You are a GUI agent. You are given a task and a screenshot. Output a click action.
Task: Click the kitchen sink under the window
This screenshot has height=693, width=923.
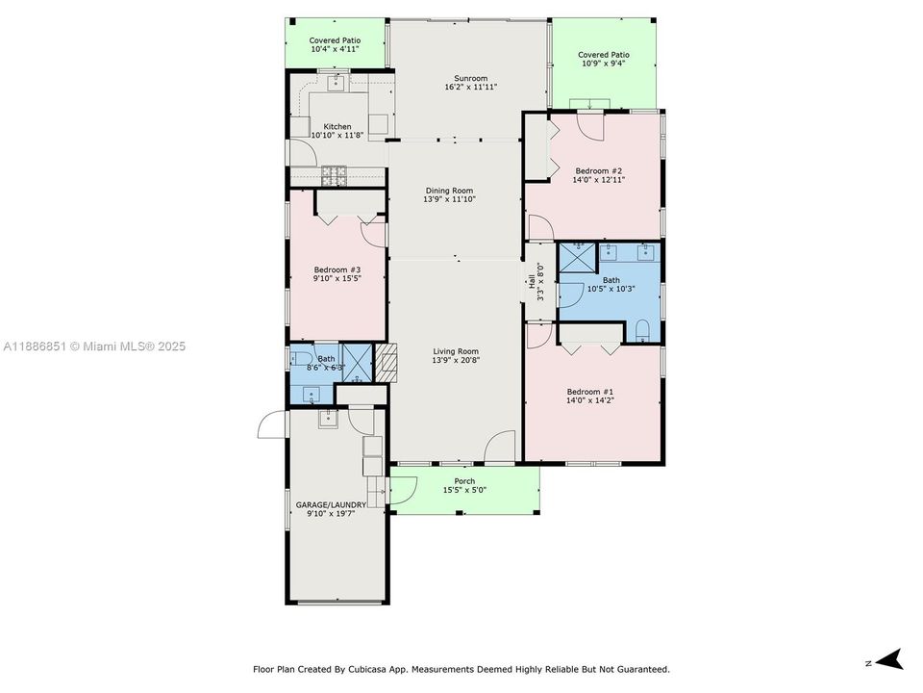(x=337, y=83)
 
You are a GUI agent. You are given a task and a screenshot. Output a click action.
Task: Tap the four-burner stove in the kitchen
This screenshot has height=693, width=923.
(x=334, y=175)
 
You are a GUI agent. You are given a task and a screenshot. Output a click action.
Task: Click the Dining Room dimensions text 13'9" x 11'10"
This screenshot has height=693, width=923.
(x=450, y=200)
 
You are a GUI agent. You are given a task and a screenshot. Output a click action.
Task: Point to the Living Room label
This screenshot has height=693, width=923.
(x=456, y=351)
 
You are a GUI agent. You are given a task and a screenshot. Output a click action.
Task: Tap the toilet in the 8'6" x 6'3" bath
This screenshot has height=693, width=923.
(x=296, y=358)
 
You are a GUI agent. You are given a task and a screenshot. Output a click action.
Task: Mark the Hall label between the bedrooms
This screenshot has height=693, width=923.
(x=531, y=282)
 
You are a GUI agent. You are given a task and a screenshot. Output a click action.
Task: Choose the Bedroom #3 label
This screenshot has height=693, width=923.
(x=337, y=269)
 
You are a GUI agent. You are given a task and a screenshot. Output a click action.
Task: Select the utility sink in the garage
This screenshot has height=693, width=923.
(x=328, y=417)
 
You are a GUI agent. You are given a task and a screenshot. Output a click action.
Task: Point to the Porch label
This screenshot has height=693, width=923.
(x=464, y=481)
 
